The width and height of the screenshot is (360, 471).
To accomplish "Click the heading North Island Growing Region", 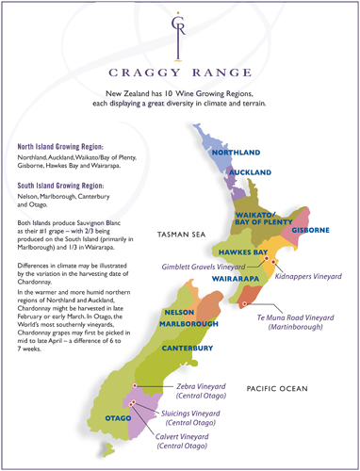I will (72, 148).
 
